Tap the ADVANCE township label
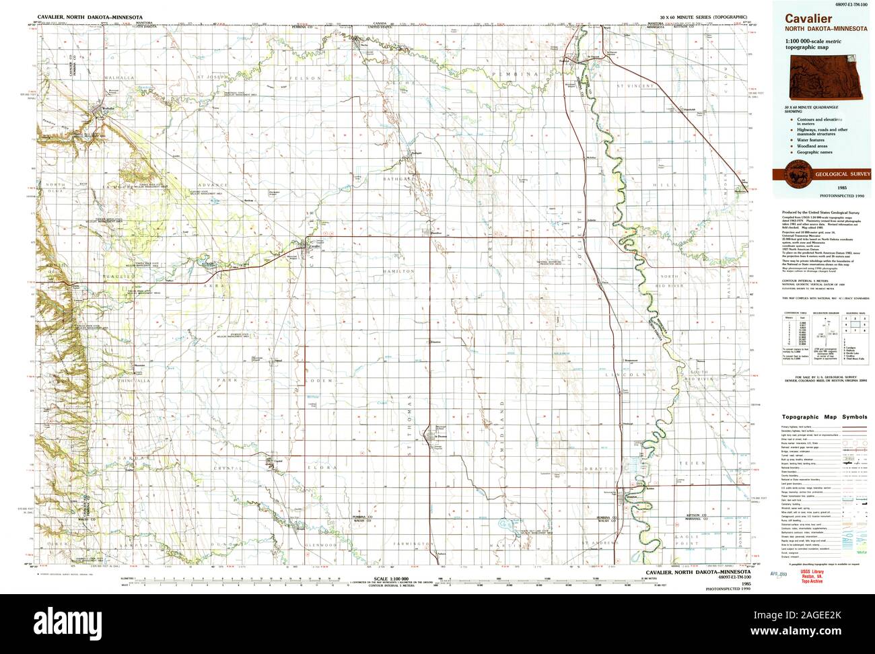[208, 185]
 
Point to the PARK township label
[223, 380]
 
